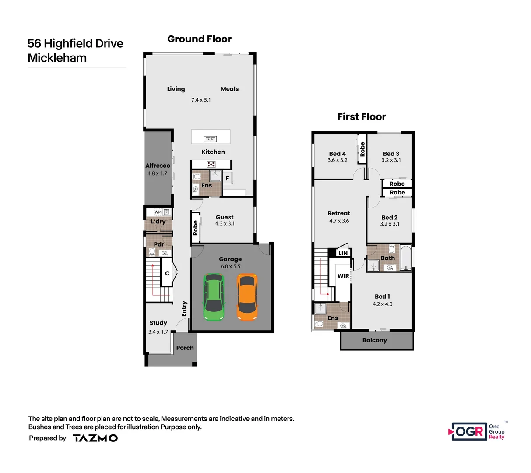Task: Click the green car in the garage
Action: click(214, 297)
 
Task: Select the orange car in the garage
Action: click(247, 297)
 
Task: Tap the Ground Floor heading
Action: click(199, 39)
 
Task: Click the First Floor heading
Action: click(361, 117)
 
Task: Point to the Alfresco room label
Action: click(158, 166)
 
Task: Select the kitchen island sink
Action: click(211, 139)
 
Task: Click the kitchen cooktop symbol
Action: click(211, 165)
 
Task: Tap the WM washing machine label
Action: click(158, 212)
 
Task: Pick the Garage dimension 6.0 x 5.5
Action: click(230, 266)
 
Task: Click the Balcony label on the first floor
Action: click(375, 340)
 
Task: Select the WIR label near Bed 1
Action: click(343, 276)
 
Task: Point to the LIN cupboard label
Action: click(343, 253)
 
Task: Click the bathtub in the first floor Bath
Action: click(406, 258)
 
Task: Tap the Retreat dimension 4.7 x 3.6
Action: click(339, 221)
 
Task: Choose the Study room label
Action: click(158, 323)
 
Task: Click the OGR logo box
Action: click(469, 432)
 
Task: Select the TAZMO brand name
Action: click(95, 438)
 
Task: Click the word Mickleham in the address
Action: click(57, 58)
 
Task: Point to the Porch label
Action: click(185, 348)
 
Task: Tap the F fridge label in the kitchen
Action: click(227, 178)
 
